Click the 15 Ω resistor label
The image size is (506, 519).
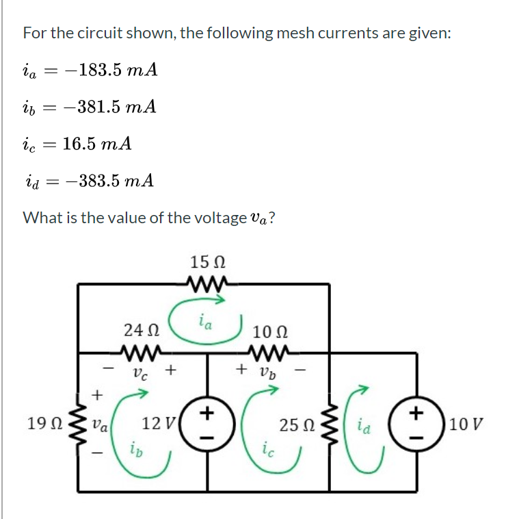[208, 262]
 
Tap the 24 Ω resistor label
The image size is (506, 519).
[139, 329]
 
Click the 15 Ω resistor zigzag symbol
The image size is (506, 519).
[208, 283]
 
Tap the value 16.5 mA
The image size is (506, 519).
[96, 144]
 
